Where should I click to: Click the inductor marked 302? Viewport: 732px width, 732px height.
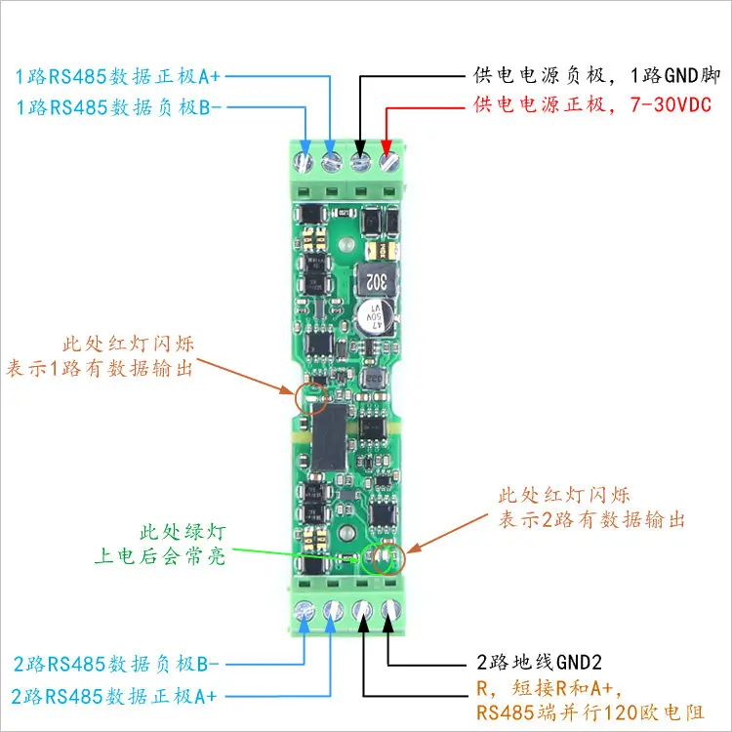coord(377,281)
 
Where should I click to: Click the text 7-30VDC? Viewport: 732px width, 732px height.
coord(671,104)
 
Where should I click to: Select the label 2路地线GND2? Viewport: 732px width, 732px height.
coord(539,662)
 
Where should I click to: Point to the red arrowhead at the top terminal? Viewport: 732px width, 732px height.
coord(386,145)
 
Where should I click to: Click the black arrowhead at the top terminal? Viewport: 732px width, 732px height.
coord(360,145)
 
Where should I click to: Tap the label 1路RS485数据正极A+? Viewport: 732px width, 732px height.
coord(118,76)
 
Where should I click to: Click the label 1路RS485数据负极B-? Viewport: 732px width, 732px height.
coord(118,107)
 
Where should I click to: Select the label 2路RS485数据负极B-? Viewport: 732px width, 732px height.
coord(116,664)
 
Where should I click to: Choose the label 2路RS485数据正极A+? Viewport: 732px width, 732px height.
coord(114,696)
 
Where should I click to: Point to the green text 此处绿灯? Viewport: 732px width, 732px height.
coord(183,532)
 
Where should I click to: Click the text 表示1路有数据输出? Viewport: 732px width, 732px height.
coord(100,368)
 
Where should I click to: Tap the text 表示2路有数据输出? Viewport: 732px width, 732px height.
coord(591,519)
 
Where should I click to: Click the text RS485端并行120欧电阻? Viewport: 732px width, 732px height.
coord(590,712)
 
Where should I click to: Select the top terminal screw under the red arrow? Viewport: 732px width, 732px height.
coord(388,162)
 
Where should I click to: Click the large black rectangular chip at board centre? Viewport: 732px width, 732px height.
coord(330,437)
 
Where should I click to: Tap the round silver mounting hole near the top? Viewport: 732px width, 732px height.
coord(346,245)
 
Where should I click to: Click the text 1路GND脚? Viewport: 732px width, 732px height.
coord(675,75)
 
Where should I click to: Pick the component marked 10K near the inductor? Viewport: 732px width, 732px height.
coord(382,250)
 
